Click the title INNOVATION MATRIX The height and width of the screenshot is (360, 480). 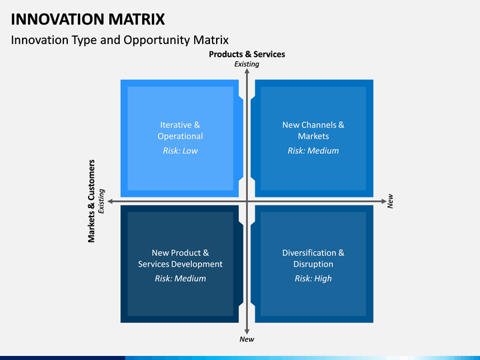[88, 19]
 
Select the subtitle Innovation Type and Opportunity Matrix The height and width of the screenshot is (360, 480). [120, 40]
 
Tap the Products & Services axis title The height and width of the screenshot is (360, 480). [247, 54]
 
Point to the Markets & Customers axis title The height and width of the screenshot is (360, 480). [91, 201]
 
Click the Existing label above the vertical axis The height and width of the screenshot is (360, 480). [247, 64]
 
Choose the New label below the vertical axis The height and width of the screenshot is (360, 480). [247, 339]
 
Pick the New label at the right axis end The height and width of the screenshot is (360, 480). [390, 201]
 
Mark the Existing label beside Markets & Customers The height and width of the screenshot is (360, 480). [101, 201]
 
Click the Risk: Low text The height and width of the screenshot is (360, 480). [180, 151]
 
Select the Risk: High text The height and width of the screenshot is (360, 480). [313, 278]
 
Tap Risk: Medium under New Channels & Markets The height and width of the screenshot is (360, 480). [313, 151]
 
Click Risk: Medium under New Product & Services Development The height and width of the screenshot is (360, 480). [180, 278]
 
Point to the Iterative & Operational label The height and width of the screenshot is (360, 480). [180, 131]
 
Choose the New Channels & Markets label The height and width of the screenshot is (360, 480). [313, 131]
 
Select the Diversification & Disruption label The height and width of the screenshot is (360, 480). [313, 259]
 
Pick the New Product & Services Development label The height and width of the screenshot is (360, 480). [180, 259]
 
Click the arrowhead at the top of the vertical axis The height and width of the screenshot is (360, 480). [247, 71]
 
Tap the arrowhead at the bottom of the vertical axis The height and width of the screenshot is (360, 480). [247, 332]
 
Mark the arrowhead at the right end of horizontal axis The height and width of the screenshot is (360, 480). [384, 201]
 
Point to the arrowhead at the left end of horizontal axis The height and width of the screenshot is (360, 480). [110, 201]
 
